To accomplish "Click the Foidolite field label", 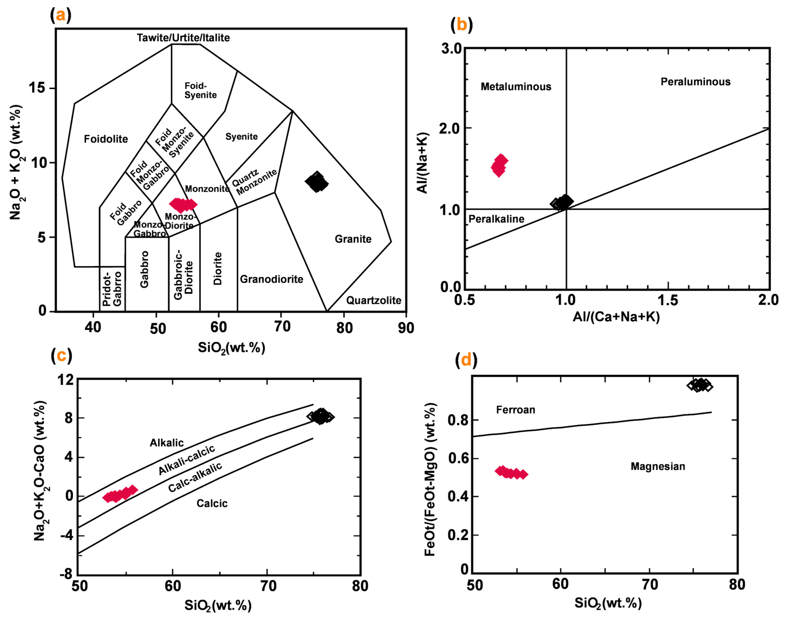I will click(x=106, y=139).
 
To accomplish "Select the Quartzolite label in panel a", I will click(x=374, y=300).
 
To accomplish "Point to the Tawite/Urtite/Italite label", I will click(x=183, y=38).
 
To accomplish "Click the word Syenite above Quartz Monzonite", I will click(x=242, y=137).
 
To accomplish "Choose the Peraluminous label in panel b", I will click(x=695, y=82).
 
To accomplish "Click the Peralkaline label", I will click(x=496, y=219).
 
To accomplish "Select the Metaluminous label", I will click(x=516, y=87).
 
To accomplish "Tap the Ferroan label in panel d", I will click(x=516, y=410).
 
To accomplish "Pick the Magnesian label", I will click(x=658, y=466).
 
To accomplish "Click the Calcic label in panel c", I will click(x=212, y=503).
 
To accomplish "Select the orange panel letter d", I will click(x=466, y=360).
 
